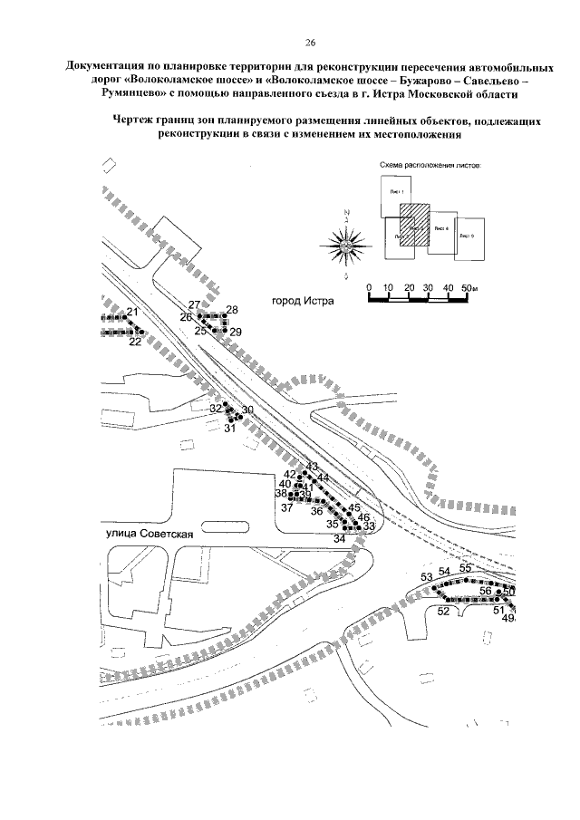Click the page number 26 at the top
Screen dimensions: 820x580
click(310, 43)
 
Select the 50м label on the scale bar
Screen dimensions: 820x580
click(469, 288)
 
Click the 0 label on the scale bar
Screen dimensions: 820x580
click(370, 288)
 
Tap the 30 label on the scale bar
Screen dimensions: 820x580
click(429, 288)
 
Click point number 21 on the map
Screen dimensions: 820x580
click(132, 313)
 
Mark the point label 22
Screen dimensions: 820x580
click(135, 342)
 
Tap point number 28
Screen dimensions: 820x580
click(232, 311)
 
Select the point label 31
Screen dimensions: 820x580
click(229, 429)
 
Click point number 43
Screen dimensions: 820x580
click(313, 467)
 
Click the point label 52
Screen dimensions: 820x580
click(443, 611)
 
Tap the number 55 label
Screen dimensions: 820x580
click(466, 568)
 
